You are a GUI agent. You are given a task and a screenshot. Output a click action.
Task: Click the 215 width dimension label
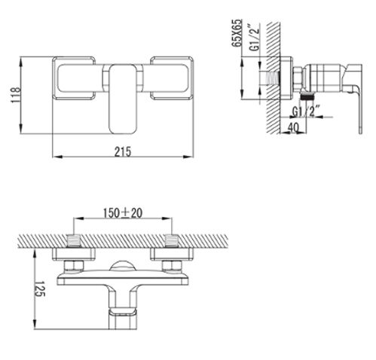point(123,152)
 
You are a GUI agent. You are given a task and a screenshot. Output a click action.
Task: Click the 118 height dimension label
point(15,95)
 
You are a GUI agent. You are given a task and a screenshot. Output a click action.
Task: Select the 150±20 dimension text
point(123,213)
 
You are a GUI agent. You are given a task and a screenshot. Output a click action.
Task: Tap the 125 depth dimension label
point(39,288)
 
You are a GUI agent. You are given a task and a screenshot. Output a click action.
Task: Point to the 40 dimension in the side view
point(293,128)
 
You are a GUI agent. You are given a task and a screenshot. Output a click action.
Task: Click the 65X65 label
point(237,33)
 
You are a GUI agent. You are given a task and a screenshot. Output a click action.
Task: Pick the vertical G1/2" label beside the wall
point(255,38)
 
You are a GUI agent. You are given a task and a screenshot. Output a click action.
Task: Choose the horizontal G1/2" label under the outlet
point(306,111)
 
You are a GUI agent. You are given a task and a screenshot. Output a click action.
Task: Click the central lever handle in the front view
point(123,99)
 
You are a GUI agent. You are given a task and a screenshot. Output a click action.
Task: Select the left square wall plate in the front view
point(74,78)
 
